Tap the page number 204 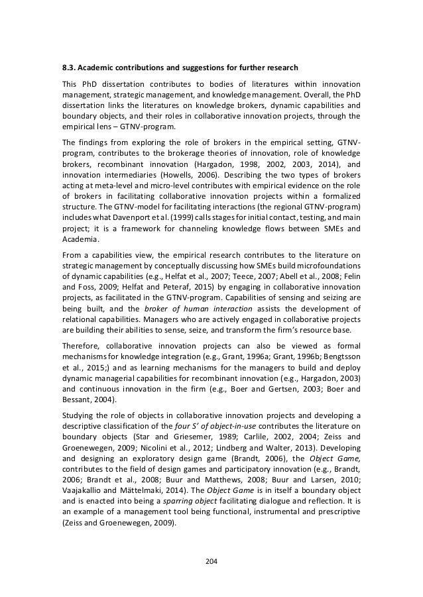click(x=211, y=561)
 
